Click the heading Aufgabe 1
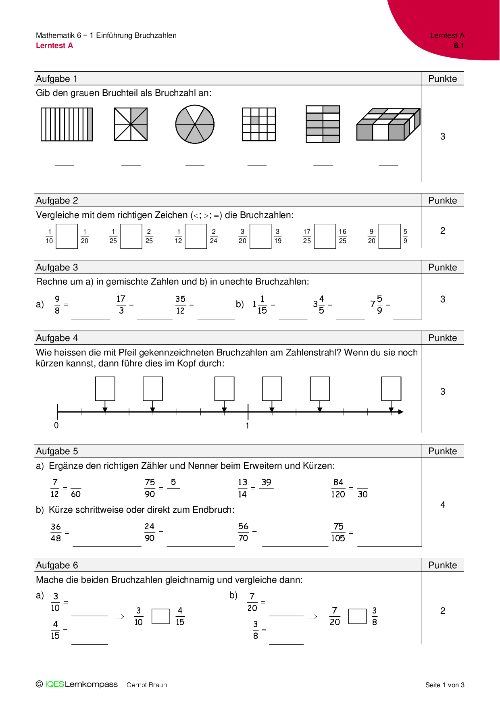pos(56,79)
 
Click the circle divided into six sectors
pos(195,124)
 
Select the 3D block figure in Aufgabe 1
pos(388,124)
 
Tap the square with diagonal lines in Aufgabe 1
pos(131,124)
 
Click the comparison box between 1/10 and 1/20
pos(67,236)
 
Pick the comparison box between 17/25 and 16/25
pos(325,236)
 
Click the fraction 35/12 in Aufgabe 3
pos(180,305)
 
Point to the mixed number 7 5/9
pos(377,305)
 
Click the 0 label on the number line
pos(56,426)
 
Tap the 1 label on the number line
pos(247,426)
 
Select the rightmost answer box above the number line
pos(391,389)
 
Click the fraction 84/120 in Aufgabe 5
pos(338,489)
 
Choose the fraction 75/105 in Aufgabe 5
pos(338,532)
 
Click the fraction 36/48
pos(56,532)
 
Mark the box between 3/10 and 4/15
pos(160,616)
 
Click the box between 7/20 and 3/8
pos(357,616)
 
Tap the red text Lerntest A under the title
pos(54,46)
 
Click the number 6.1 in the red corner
pos(459,46)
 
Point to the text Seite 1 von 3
pos(445,685)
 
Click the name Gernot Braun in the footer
pos(147,685)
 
